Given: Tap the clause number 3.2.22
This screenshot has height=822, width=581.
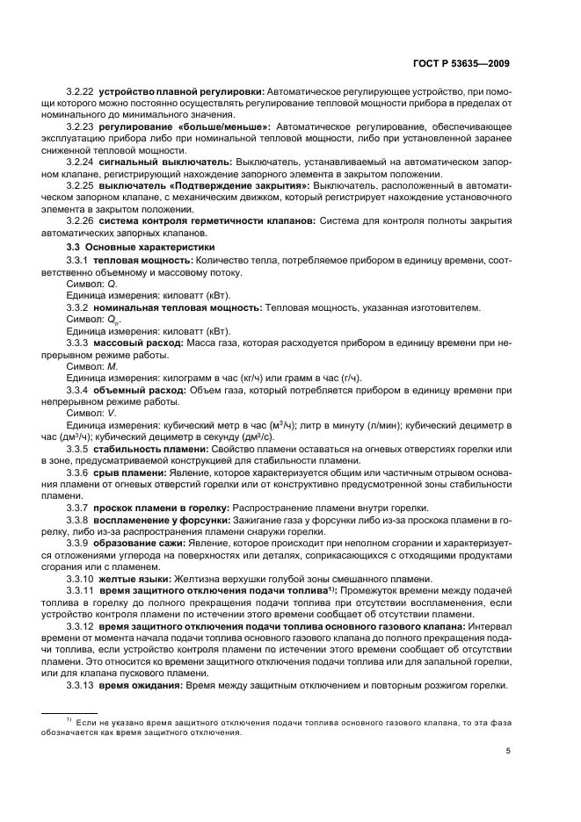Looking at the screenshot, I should [x=80, y=92].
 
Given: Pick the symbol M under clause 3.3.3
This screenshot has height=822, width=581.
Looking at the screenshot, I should [x=112, y=364].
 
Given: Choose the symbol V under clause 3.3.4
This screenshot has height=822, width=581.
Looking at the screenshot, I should [x=112, y=413].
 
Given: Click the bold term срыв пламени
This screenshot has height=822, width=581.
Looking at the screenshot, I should [x=129, y=473].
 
